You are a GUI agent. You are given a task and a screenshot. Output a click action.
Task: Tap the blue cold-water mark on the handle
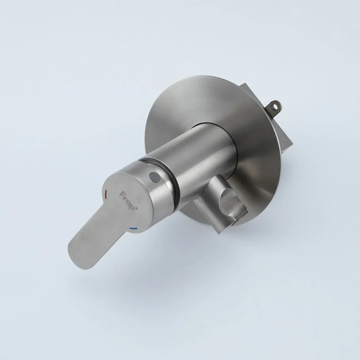133,229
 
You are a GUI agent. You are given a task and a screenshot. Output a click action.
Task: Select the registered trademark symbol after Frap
136,208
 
